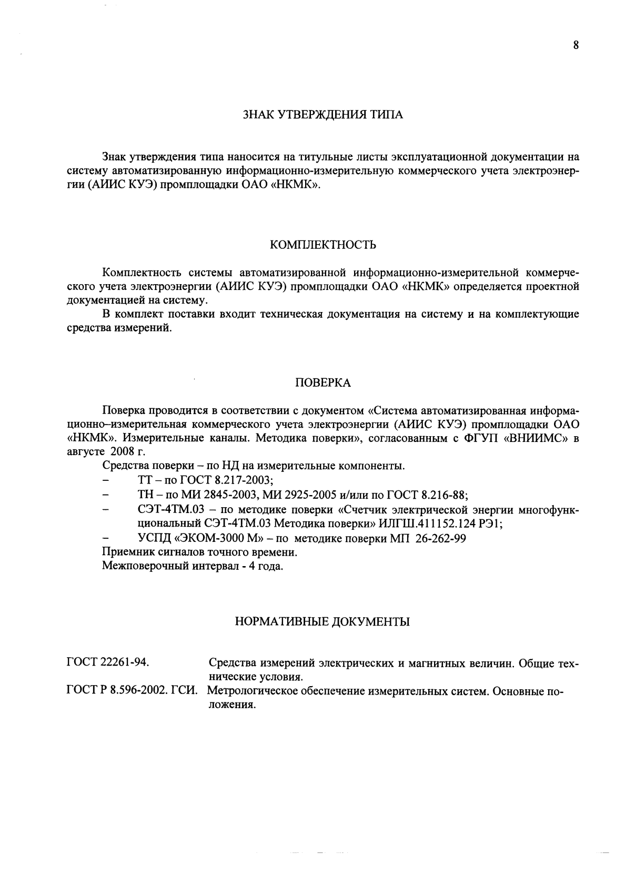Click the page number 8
(576, 45)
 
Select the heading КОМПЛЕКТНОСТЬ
(322, 245)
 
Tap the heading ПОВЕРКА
(322, 383)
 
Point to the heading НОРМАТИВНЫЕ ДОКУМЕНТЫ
(322, 622)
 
